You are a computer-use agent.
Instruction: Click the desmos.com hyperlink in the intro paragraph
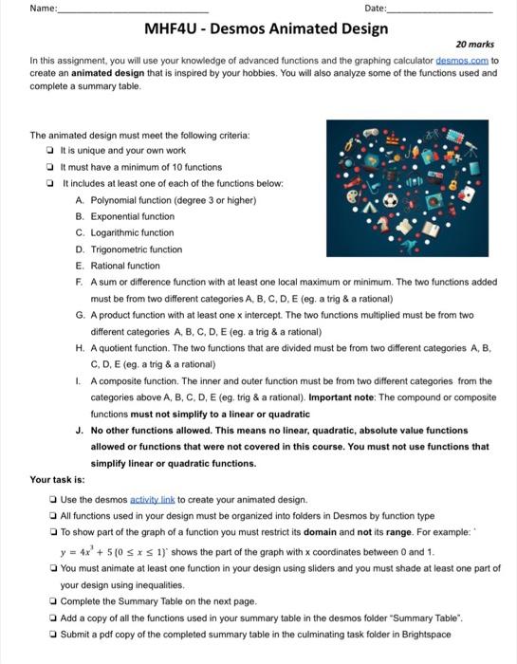459,58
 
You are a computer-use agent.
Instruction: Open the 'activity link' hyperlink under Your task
155,499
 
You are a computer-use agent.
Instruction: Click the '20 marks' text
473,44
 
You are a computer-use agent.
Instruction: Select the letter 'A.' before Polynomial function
79,199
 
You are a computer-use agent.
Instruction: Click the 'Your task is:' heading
57,480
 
